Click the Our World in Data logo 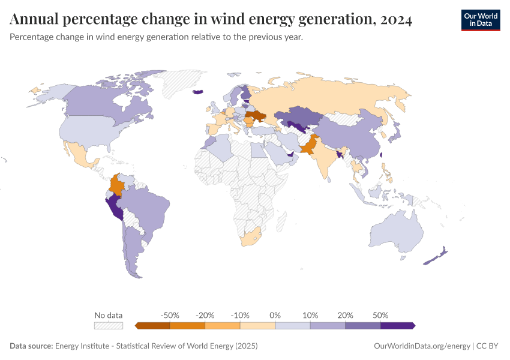click(x=480, y=20)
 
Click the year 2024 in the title click(x=395, y=20)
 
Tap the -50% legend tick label click(x=170, y=315)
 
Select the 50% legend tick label click(x=380, y=315)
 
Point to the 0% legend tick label click(x=275, y=315)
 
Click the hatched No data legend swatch click(x=109, y=325)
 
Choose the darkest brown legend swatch click(x=154, y=325)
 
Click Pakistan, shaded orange click(x=308, y=147)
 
